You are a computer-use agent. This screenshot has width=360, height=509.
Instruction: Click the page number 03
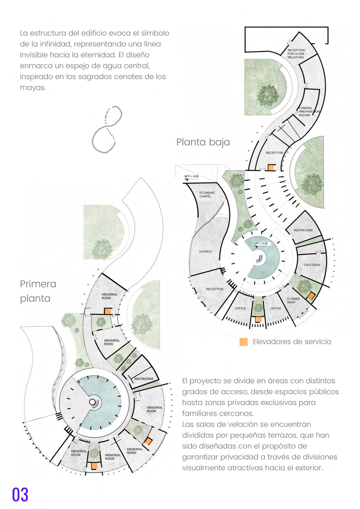[x=20, y=494]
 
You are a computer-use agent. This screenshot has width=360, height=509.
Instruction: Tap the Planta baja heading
[x=203, y=142]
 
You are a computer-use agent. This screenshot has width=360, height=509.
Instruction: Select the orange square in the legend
[x=244, y=342]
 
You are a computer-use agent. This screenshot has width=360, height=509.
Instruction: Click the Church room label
[x=205, y=251]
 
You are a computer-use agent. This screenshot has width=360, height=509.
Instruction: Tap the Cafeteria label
[x=312, y=265]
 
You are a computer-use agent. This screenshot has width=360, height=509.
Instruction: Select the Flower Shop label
[x=293, y=300]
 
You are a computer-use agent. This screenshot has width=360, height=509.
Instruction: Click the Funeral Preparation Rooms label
[x=309, y=112]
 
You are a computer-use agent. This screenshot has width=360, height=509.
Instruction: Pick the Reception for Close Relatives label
[x=296, y=54]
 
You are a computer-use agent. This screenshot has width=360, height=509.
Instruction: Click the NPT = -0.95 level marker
[x=191, y=177]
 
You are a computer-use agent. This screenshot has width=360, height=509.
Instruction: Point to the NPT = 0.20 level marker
[x=260, y=244]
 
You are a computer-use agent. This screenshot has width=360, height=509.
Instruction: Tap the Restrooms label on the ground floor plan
[x=303, y=230]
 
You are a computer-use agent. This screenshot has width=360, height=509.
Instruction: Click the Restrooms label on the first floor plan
[x=144, y=379]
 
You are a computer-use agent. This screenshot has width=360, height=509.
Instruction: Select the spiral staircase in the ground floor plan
[x=260, y=259]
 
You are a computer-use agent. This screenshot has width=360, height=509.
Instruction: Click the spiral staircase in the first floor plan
[x=93, y=402]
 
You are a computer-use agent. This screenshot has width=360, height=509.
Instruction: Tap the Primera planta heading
[x=38, y=291]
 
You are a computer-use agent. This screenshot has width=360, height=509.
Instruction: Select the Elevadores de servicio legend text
[x=292, y=342]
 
